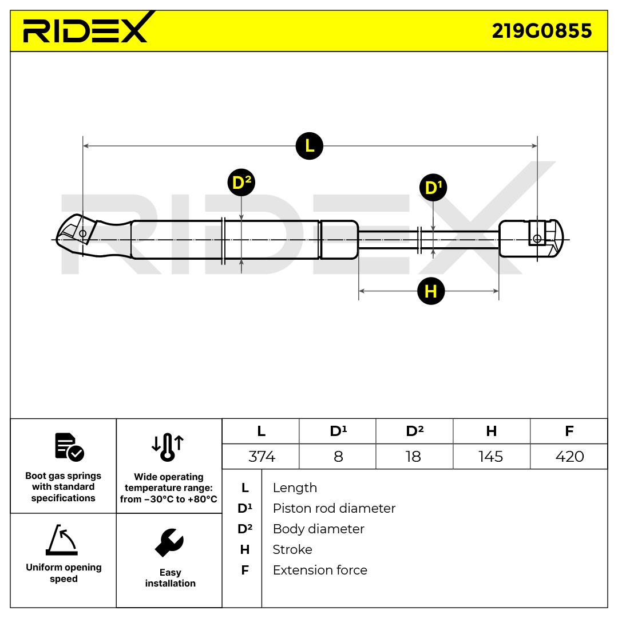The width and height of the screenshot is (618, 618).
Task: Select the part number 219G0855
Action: click(542, 31)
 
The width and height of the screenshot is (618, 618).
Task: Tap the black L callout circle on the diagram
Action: click(310, 146)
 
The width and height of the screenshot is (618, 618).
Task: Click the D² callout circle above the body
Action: click(241, 183)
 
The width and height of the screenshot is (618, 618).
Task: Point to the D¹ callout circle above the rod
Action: click(433, 188)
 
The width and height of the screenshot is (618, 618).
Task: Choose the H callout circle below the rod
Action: click(431, 291)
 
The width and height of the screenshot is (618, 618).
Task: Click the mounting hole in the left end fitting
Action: click(83, 233)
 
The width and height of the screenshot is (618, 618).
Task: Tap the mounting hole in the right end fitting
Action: click(537, 239)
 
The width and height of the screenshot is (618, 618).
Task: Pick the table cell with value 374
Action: click(262, 457)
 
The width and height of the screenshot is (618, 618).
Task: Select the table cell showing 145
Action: click(491, 457)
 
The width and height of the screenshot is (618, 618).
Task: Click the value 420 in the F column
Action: click(569, 457)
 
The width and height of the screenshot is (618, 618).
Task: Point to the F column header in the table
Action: click(569, 431)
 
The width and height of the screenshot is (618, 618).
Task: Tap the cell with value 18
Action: click(413, 457)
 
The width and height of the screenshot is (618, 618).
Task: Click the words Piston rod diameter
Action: click(334, 508)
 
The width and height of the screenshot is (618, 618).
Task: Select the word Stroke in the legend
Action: click(292, 549)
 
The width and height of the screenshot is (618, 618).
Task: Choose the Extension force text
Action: click(320, 570)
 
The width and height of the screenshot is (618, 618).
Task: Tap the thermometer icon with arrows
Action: click(168, 447)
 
